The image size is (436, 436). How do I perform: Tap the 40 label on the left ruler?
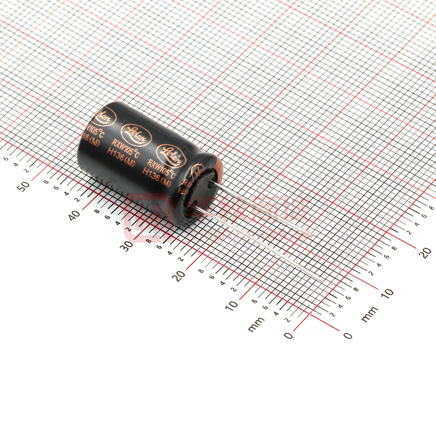[x=74, y=215]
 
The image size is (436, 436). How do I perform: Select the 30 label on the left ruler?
[x=126, y=246]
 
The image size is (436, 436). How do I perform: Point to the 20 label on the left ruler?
[x=179, y=276]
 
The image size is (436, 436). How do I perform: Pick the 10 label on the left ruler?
[x=231, y=305]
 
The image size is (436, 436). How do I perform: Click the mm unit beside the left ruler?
[x=256, y=324]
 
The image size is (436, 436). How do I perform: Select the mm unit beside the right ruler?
[x=369, y=314]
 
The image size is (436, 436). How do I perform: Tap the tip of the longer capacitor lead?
[x=322, y=282]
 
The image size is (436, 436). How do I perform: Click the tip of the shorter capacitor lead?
[x=311, y=234]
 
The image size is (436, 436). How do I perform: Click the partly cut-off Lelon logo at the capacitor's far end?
[x=105, y=117]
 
